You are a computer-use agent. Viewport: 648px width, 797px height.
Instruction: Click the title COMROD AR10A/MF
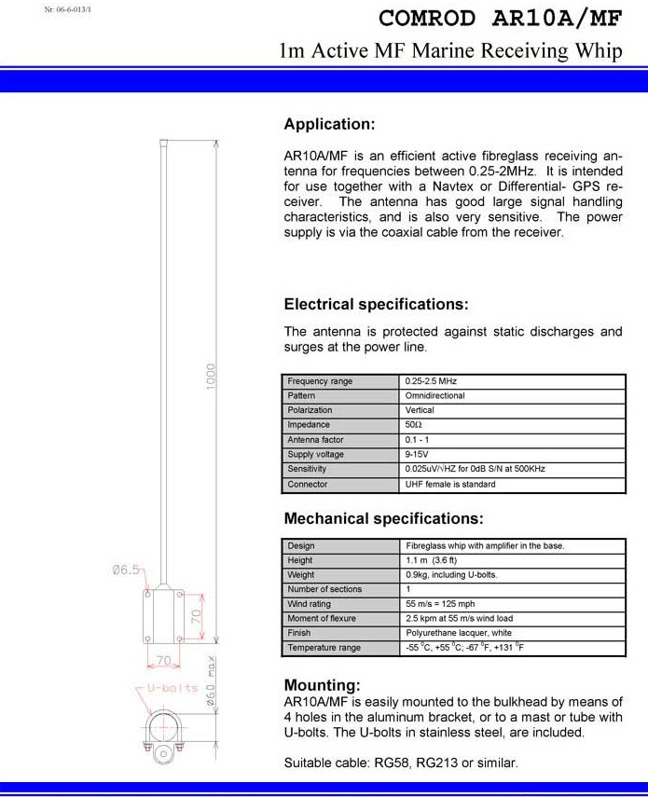tap(500, 19)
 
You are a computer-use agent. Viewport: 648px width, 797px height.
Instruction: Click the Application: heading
tap(329, 125)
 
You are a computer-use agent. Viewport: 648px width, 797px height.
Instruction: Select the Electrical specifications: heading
tap(376, 305)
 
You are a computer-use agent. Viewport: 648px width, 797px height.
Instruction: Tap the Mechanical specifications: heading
tap(383, 518)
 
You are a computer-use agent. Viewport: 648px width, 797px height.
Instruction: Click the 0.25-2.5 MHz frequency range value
tap(431, 381)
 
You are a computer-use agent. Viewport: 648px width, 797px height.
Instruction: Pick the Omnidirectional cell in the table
tap(435, 395)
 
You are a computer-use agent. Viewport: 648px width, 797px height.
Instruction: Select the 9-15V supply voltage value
tap(417, 454)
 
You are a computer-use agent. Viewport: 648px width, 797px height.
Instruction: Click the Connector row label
tap(307, 484)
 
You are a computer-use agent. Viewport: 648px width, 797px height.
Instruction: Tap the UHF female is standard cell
tap(450, 484)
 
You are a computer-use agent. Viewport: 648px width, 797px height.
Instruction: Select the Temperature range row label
tap(324, 648)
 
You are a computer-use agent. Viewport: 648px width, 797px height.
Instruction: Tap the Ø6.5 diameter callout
tap(127, 570)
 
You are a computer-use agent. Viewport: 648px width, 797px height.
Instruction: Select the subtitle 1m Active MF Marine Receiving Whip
tap(450, 51)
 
